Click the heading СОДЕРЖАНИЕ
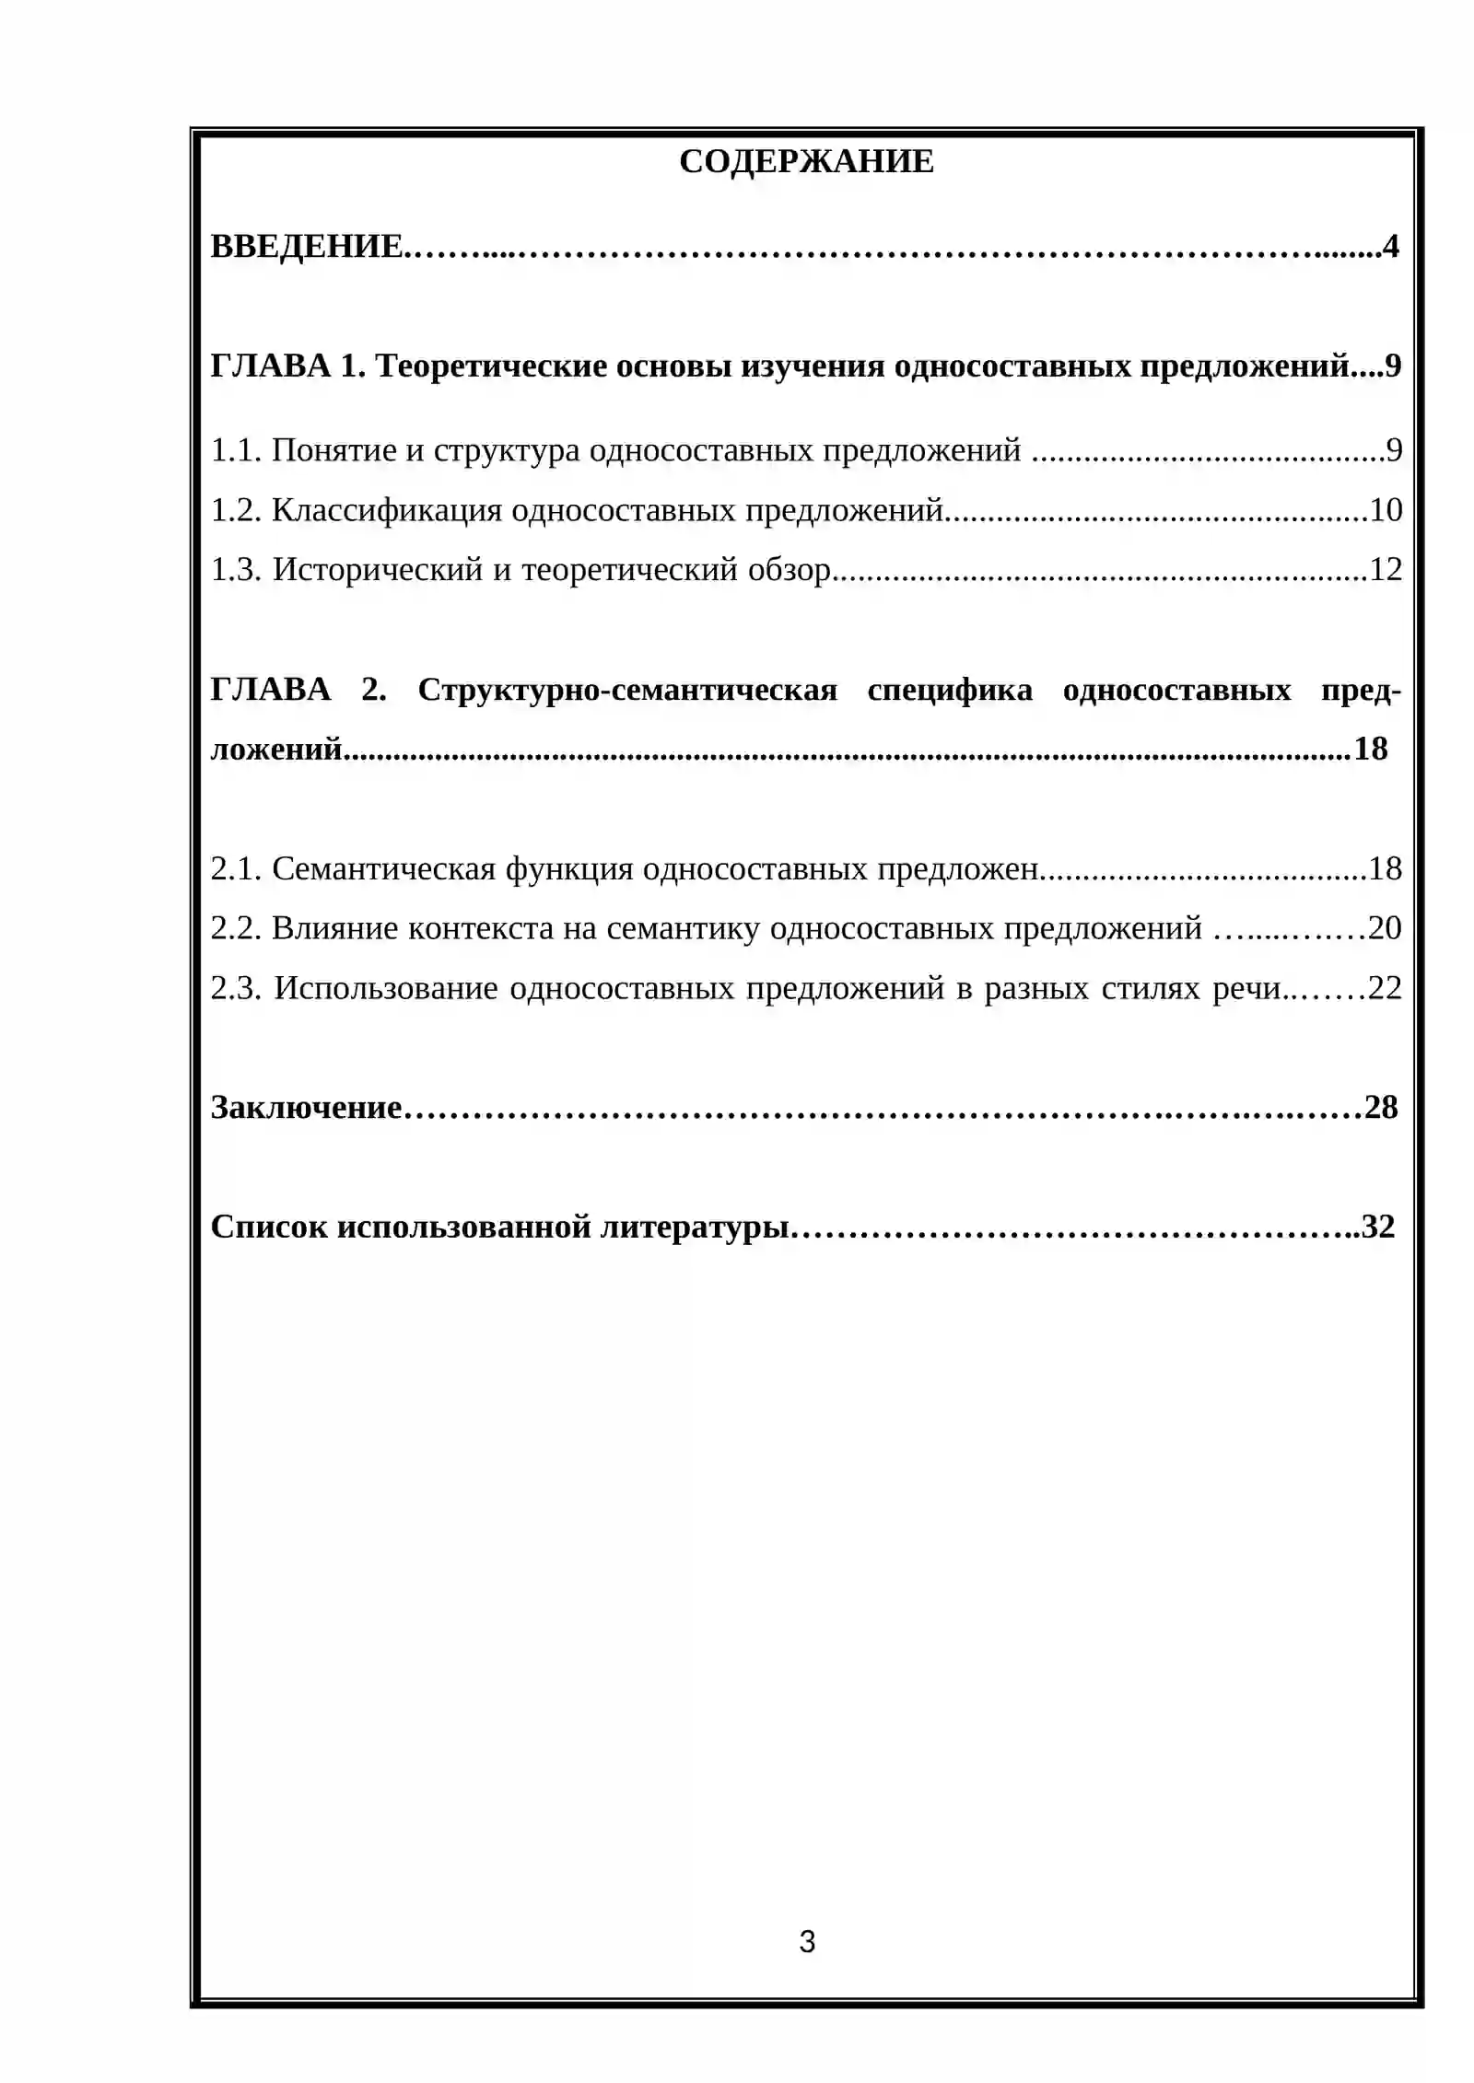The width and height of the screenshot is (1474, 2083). pyautogui.click(x=806, y=161)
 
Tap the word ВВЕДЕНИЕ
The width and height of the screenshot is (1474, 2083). pyautogui.click(x=306, y=247)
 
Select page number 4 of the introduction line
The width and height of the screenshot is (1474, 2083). pyautogui.click(x=1390, y=247)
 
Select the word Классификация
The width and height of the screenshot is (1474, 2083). pyautogui.click(x=387, y=510)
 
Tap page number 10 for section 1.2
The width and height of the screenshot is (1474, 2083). pyautogui.click(x=1386, y=510)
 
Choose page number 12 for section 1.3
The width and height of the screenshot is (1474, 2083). pyautogui.click(x=1386, y=570)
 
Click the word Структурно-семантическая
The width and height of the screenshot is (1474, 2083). pyautogui.click(x=627, y=690)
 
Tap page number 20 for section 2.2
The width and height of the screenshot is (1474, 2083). pyautogui.click(x=1385, y=928)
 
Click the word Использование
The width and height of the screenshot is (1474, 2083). pyautogui.click(x=386, y=988)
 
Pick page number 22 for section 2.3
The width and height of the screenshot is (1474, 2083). pyautogui.click(x=1385, y=988)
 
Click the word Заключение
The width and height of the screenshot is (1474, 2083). pyautogui.click(x=306, y=1107)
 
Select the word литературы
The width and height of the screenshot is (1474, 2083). pyautogui.click(x=696, y=1227)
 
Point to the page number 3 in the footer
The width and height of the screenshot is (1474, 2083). pyautogui.click(x=807, y=1941)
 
